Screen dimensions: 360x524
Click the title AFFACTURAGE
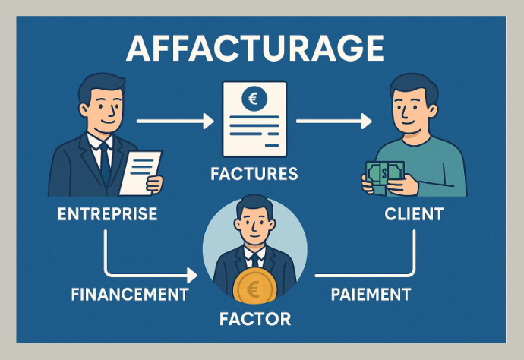(x=255, y=49)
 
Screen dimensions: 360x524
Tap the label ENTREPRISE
(x=107, y=214)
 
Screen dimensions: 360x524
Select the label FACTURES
(x=254, y=175)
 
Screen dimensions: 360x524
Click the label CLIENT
(x=413, y=214)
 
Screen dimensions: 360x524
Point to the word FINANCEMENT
(x=130, y=294)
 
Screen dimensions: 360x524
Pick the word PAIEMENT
(x=371, y=294)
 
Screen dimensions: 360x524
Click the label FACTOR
(x=254, y=318)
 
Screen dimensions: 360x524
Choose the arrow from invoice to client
(x=334, y=120)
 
